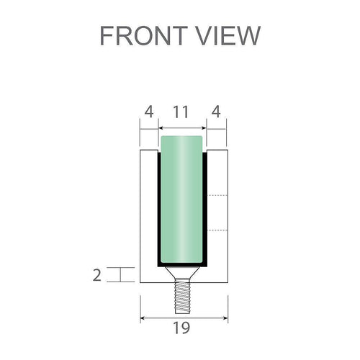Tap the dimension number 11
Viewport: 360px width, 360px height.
pyautogui.click(x=182, y=113)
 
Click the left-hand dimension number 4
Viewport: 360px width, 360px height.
pyautogui.click(x=148, y=113)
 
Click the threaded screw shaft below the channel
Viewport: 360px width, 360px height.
pyautogui.click(x=183, y=294)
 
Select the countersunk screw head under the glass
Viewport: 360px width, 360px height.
pyautogui.click(x=183, y=274)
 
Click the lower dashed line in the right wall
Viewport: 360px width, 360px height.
pyautogui.click(x=218, y=230)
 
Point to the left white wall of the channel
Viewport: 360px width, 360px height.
pyautogui.click(x=148, y=216)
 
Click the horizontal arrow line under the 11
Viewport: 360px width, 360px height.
pyautogui.click(x=182, y=130)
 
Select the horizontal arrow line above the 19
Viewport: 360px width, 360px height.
pyautogui.click(x=184, y=316)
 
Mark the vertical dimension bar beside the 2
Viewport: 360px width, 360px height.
pyautogui.click(x=124, y=274)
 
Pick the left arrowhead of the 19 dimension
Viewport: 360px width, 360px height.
pyautogui.click(x=143, y=316)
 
